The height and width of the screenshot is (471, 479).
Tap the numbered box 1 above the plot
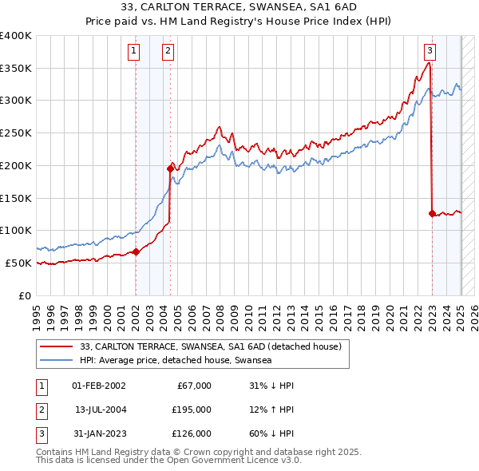[x=133, y=52]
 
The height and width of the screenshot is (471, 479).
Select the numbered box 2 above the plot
[x=168, y=52]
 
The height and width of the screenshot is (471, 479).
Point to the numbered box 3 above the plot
[x=430, y=52]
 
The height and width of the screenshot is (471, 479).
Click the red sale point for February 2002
[x=136, y=251]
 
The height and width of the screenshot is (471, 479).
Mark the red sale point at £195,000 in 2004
[x=170, y=168]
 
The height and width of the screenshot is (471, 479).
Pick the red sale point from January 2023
[x=432, y=213]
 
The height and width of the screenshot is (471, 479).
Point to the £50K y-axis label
[x=19, y=263]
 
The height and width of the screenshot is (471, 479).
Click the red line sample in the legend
[x=56, y=346]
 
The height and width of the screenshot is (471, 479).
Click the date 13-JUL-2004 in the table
[x=101, y=410]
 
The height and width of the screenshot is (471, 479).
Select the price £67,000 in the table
[x=194, y=386]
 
